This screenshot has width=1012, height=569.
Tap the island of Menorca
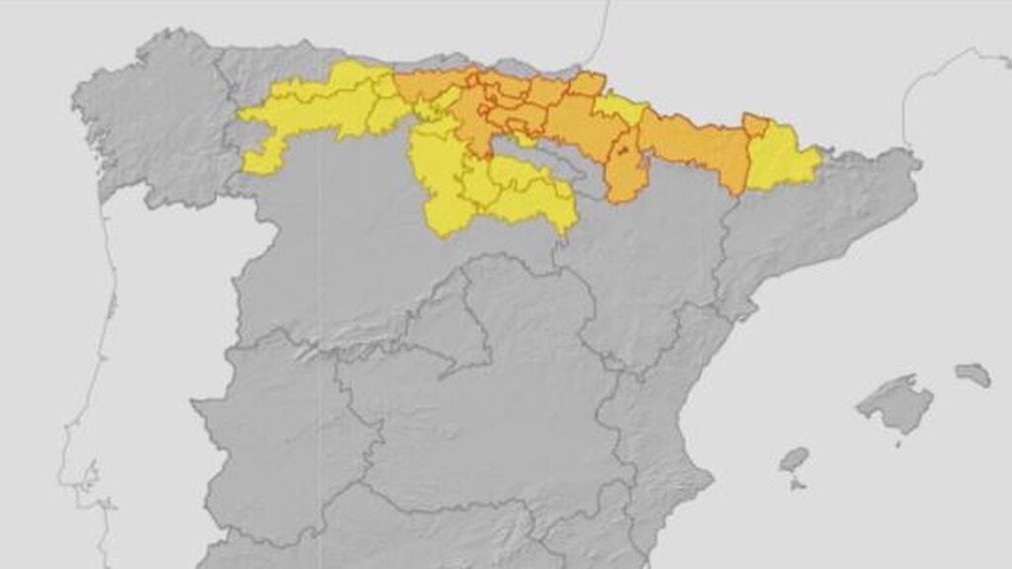tap(973, 374)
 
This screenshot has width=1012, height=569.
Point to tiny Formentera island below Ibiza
tap(797, 485)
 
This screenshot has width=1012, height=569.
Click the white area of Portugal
tap(148, 346)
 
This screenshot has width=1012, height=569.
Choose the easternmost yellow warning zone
tap(781, 158)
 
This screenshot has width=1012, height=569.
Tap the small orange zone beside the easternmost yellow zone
tap(755, 125)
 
